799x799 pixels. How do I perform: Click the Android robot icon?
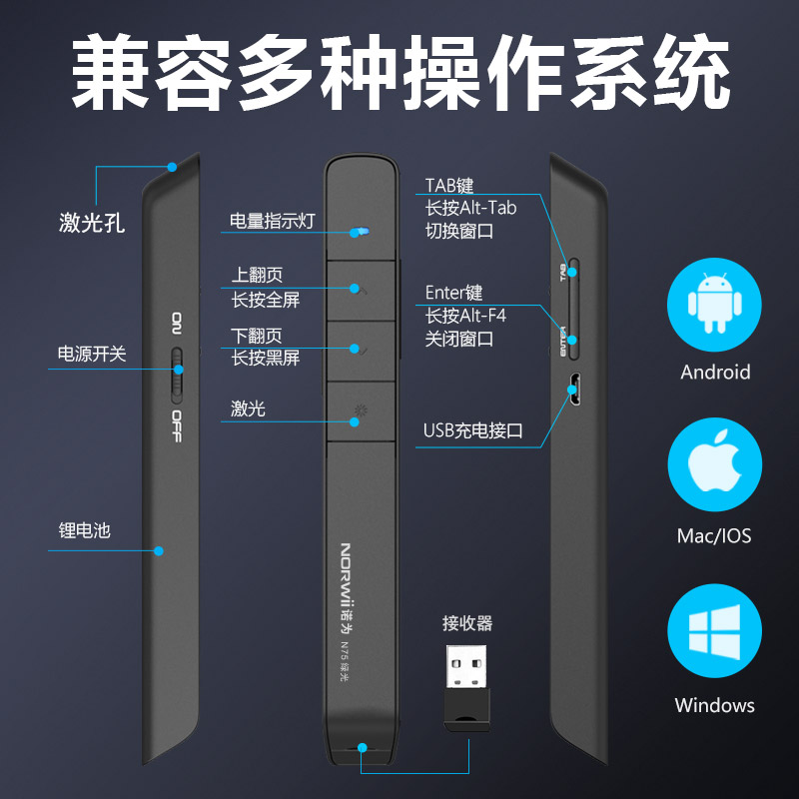[714, 304]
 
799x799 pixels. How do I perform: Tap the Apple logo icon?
[714, 467]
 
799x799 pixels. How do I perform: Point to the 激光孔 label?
[92, 222]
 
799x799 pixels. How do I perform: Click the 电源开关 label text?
[92, 354]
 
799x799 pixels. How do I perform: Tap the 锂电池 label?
[84, 530]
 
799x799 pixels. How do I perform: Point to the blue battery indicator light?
[360, 232]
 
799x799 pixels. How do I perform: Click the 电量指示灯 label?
[272, 221]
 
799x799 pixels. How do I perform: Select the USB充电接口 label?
[473, 431]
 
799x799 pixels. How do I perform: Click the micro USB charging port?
[573, 389]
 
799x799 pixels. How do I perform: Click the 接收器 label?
[467, 624]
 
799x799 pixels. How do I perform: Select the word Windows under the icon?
[714, 705]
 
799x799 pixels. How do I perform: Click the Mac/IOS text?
[714, 536]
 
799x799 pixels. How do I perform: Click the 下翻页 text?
[257, 337]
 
